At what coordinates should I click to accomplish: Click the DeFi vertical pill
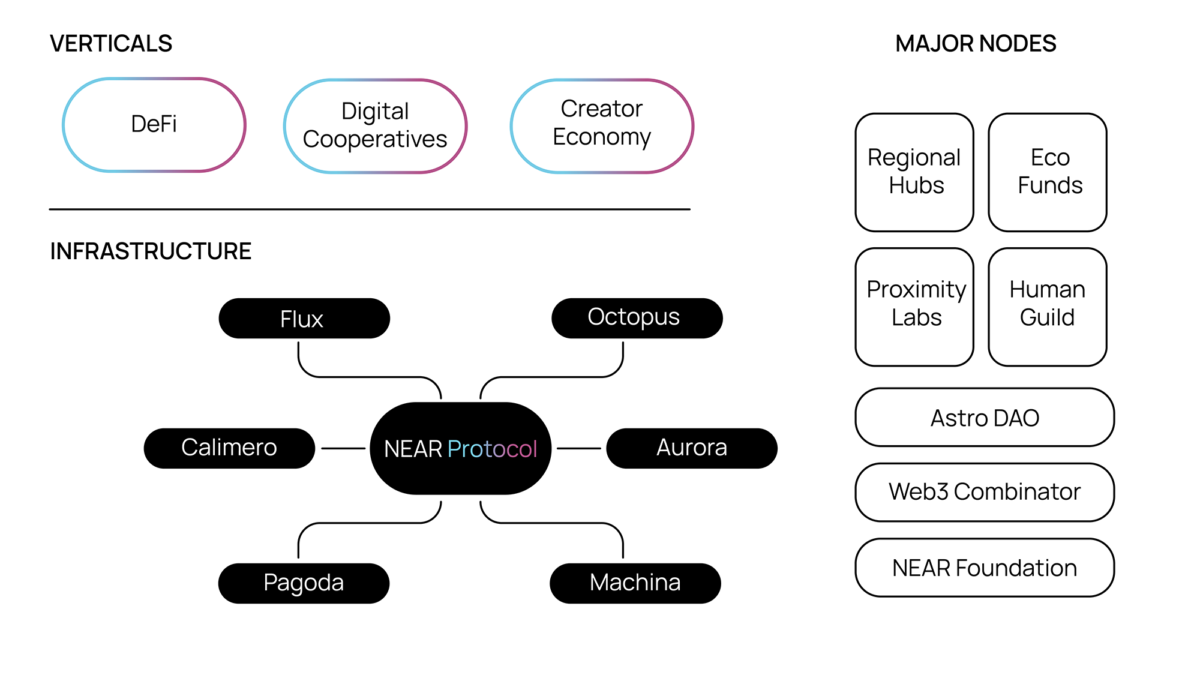coord(154,125)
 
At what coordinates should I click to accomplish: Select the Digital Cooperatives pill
coord(375,126)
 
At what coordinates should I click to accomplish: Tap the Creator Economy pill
coord(602,125)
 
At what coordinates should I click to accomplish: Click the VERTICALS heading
coord(111,44)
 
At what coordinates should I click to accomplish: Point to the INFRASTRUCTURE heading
coord(151,251)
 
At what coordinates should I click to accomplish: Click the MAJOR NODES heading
coord(976,44)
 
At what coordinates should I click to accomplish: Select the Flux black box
coord(304,319)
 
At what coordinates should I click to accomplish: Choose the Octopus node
coord(637,318)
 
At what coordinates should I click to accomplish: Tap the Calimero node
coord(229,448)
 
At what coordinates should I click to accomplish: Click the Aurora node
coord(692,448)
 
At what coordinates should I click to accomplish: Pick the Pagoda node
coord(304,583)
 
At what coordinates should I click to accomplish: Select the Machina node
coord(635,583)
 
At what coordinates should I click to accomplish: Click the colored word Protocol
coord(492,449)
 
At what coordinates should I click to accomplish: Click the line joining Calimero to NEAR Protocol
coord(343,448)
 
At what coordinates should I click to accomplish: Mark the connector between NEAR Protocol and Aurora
coord(578,448)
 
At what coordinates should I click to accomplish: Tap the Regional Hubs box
coord(914,172)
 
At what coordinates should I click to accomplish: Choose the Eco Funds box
coord(1048,172)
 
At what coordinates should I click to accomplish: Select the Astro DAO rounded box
coord(985,418)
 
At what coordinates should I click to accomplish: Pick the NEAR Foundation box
coord(985,568)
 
